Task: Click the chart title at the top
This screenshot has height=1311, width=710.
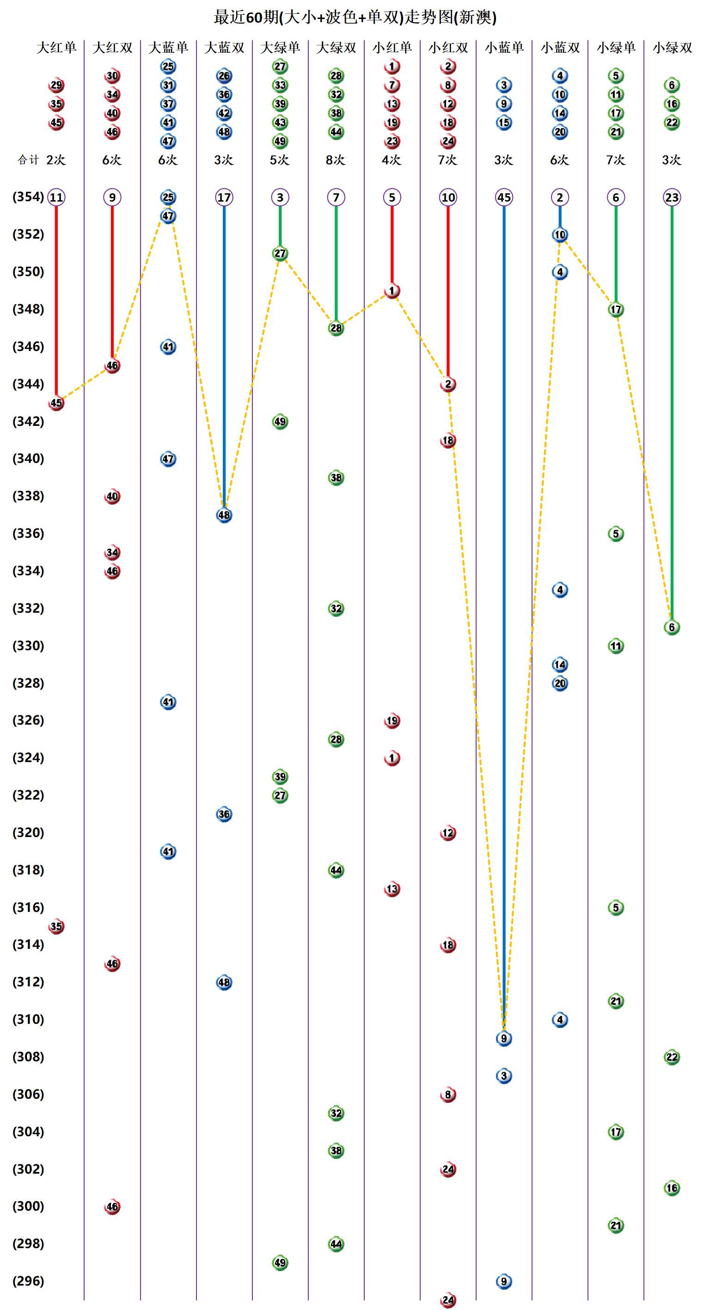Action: pos(355,17)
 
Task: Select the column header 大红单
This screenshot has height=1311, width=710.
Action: pos(56,48)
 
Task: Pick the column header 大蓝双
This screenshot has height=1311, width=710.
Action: pos(224,48)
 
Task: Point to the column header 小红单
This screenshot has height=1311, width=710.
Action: pos(392,48)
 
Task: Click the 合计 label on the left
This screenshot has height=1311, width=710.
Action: pos(28,160)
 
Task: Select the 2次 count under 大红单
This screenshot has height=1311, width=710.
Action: pos(56,160)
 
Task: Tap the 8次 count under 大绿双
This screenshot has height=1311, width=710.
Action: pos(336,160)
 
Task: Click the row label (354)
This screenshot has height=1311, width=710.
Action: pos(28,197)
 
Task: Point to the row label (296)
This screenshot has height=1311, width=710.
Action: pos(28,1280)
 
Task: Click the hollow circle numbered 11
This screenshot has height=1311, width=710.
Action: pos(56,197)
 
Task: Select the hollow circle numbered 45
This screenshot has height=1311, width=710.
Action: pos(504,197)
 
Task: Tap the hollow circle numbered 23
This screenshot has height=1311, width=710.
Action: pos(672,197)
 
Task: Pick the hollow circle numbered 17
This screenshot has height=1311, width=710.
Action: pos(224,197)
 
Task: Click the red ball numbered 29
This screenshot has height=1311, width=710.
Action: pos(56,85)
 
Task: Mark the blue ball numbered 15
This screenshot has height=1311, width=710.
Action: pos(504,123)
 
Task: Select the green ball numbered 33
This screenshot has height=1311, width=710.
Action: pos(280,85)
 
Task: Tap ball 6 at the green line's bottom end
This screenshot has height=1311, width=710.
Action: pos(672,628)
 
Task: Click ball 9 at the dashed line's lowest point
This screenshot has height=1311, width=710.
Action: pos(504,1038)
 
